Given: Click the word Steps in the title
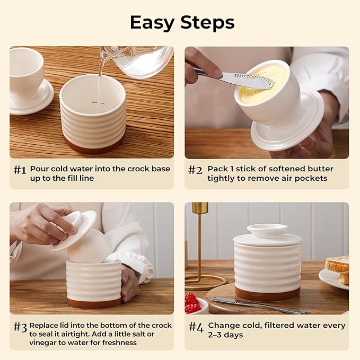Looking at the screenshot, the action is [207, 22].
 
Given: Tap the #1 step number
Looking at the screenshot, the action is [20, 170].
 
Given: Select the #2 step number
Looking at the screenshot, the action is [195, 170].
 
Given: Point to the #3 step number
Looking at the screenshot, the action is [20, 327].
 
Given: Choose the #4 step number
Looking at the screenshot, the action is [196, 327].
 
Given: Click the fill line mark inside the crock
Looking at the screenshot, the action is [98, 103].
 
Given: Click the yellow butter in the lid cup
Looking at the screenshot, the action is [262, 81].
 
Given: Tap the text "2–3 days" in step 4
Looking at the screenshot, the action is [226, 335].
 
